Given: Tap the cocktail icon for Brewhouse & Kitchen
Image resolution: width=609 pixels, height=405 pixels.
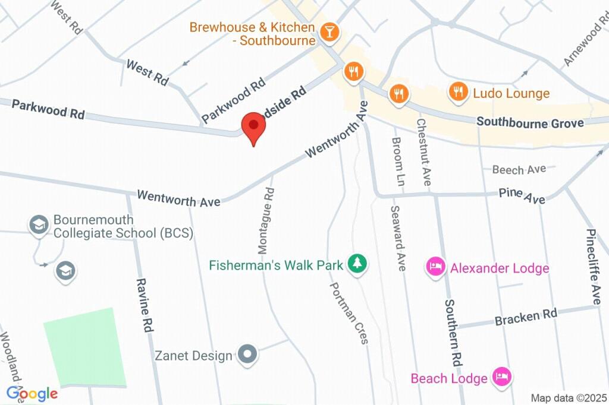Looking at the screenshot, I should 328,33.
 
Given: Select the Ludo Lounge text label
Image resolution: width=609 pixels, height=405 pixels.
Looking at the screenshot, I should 511,93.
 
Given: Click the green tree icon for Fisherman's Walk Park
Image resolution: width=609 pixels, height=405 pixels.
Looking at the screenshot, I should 357,264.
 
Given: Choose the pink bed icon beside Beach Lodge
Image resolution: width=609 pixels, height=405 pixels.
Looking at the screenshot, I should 503,377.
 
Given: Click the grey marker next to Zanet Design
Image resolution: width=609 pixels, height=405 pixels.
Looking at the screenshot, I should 247,355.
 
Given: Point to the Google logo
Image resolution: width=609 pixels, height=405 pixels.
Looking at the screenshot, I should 32,393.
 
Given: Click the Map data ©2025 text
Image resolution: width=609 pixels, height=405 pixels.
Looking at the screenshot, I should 569,398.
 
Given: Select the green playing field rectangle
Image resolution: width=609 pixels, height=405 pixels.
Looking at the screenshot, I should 86,347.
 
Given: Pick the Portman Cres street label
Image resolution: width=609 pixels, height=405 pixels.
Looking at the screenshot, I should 349,312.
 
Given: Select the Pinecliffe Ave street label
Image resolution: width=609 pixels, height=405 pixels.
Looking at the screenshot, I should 593,267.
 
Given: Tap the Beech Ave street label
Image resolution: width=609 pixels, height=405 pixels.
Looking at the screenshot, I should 519,170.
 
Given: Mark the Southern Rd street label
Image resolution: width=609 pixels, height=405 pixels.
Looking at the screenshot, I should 453,332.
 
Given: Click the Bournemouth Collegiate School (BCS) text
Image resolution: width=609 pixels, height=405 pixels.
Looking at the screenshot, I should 123,226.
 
